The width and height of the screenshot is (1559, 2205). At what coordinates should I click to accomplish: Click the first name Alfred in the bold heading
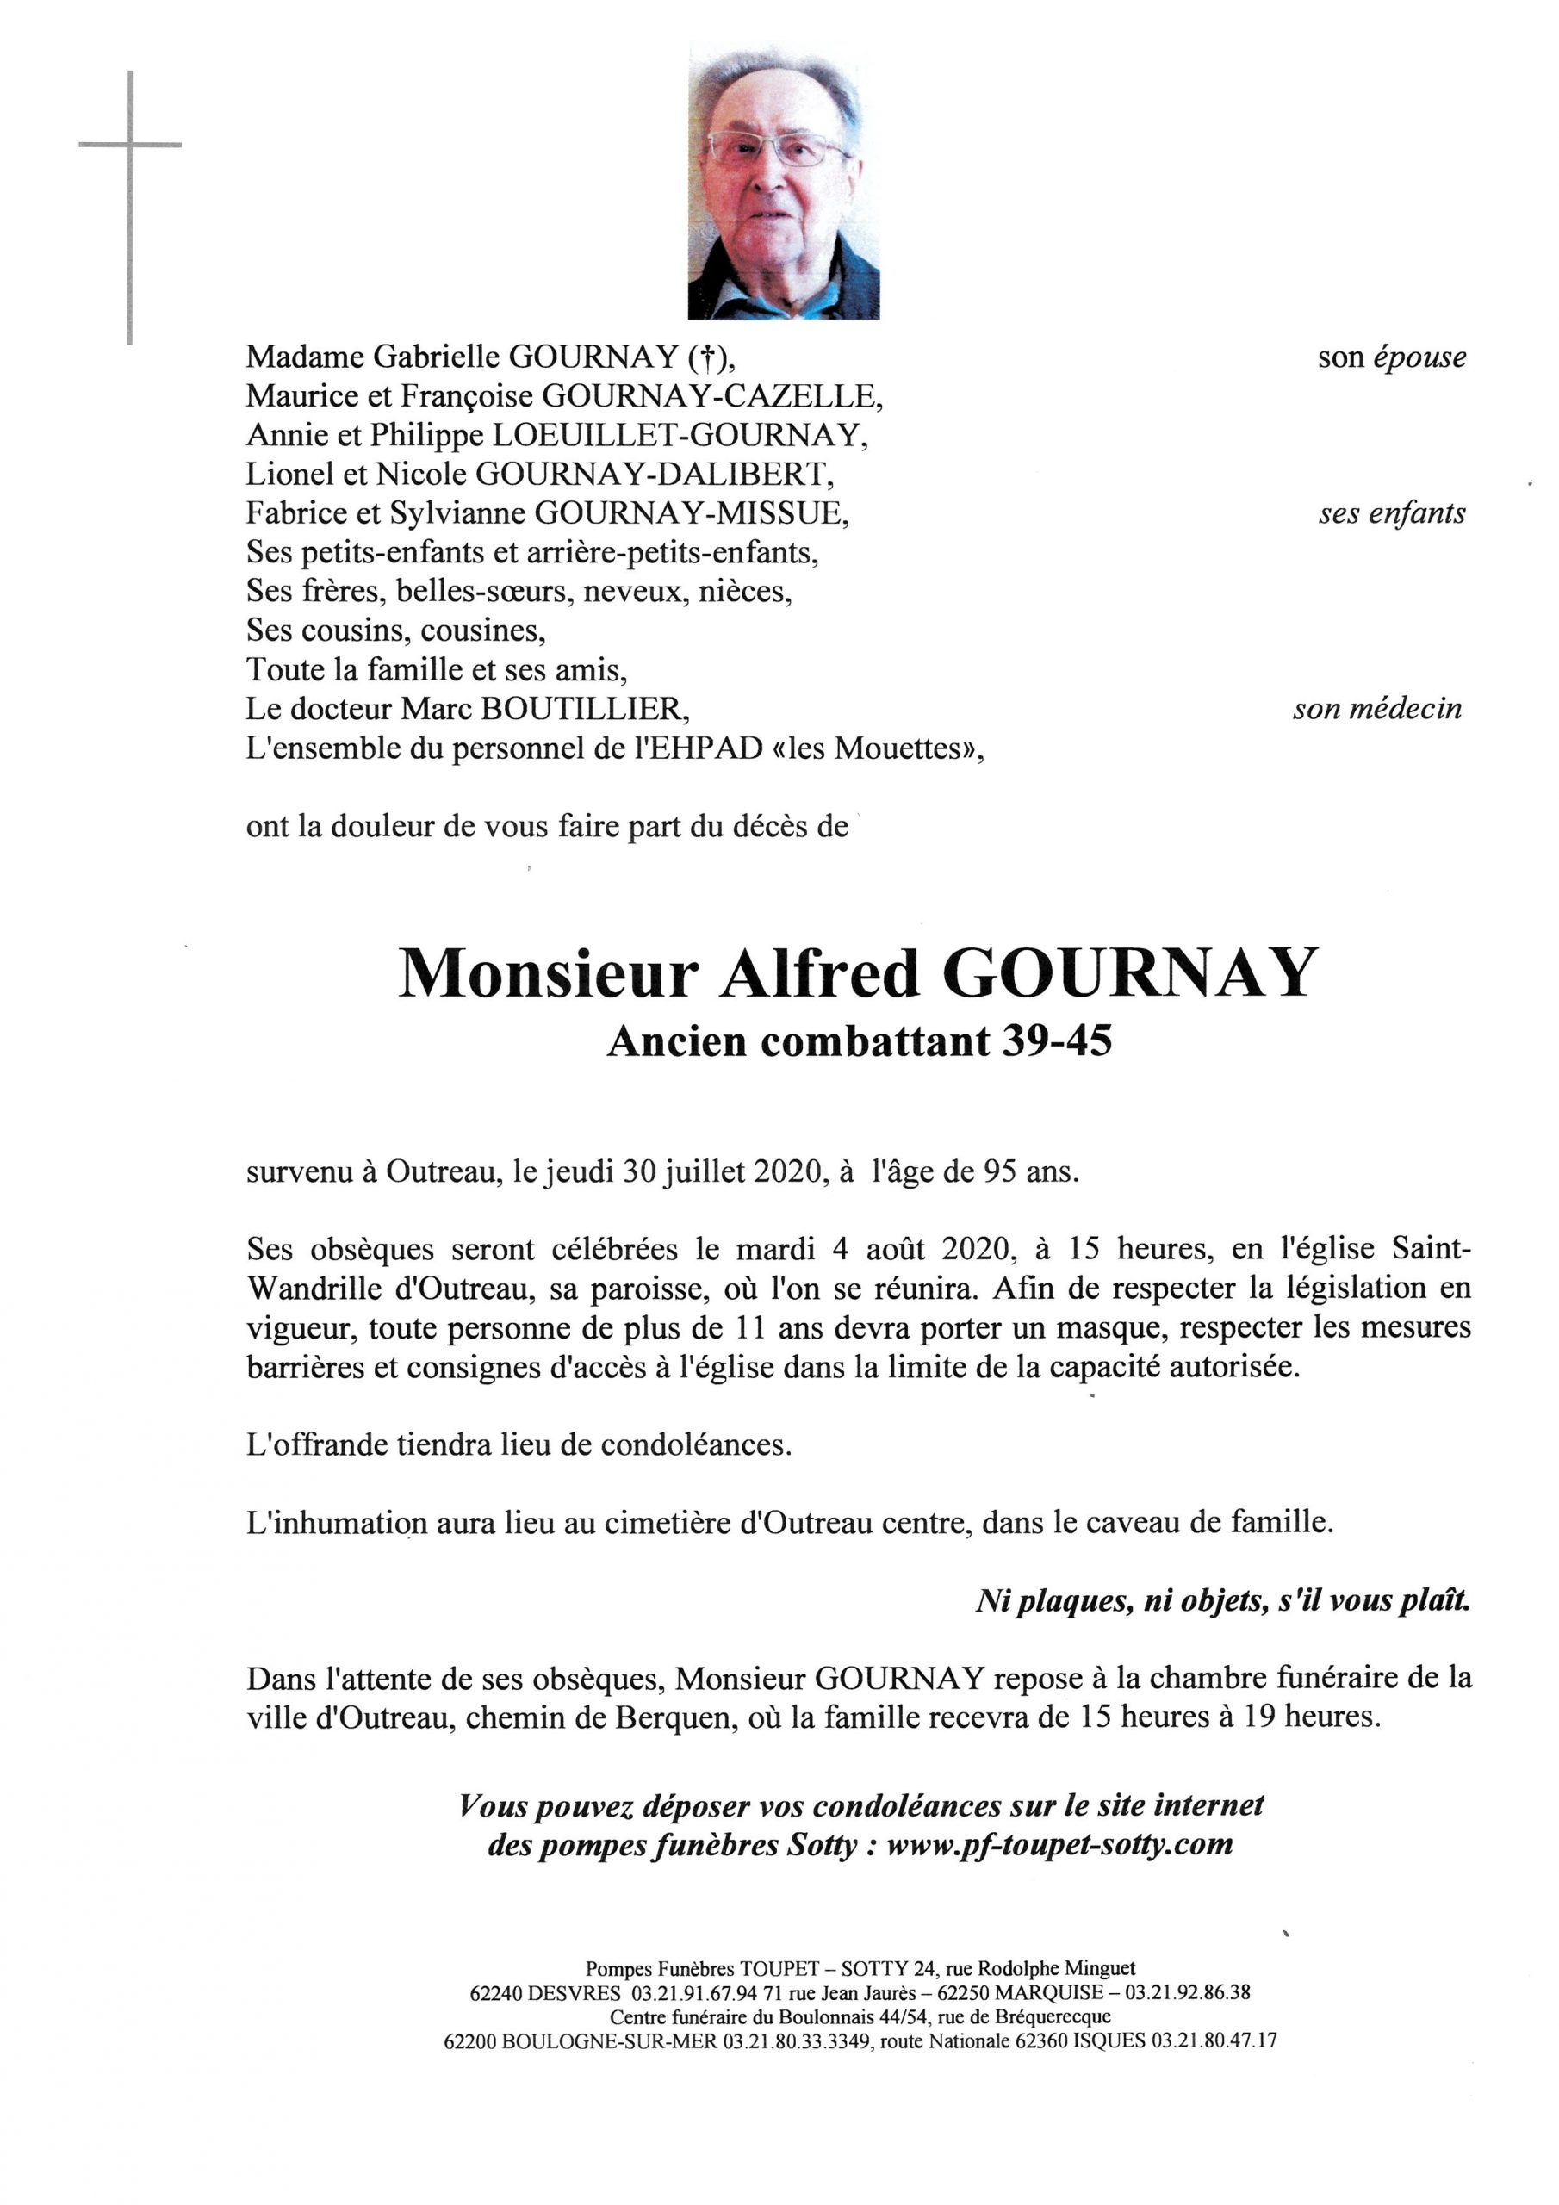point(819,975)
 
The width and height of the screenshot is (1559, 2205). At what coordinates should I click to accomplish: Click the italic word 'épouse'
point(1419,357)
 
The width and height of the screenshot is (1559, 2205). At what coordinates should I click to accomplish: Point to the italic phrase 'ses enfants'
point(1392,514)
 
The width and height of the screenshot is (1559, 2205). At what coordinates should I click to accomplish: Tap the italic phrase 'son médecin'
point(1377,710)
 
